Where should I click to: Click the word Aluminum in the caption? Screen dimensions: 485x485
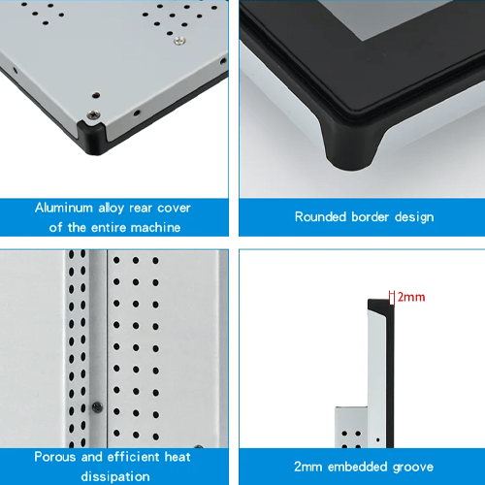click(64, 208)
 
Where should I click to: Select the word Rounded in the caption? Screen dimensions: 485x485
click(320, 216)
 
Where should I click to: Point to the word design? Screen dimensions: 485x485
click(414, 217)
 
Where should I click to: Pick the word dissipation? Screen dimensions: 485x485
click(115, 476)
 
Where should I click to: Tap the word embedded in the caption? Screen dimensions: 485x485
click(358, 467)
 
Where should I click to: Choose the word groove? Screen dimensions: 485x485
click(413, 468)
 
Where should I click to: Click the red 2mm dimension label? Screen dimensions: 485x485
click(411, 297)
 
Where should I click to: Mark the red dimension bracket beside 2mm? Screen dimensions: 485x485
click(392, 298)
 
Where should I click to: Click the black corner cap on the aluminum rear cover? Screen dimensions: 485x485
click(91, 138)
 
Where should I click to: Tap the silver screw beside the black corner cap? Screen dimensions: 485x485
click(93, 114)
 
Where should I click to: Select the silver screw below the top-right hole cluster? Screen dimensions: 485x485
click(179, 41)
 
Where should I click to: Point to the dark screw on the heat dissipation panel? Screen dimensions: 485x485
click(97, 407)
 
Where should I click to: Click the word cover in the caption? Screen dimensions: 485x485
click(174, 209)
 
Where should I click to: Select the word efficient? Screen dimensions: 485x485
click(134, 457)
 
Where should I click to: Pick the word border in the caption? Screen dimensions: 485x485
click(370, 216)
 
